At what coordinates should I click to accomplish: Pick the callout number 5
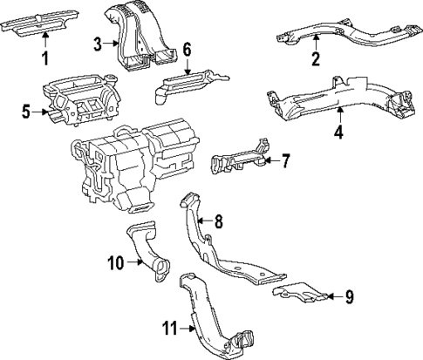pos(25,111)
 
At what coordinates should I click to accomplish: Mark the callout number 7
pos(285,161)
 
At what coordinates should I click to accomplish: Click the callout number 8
pos(219,222)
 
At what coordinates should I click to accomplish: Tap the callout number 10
pos(113,261)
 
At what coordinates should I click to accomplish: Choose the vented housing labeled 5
pos(78,100)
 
